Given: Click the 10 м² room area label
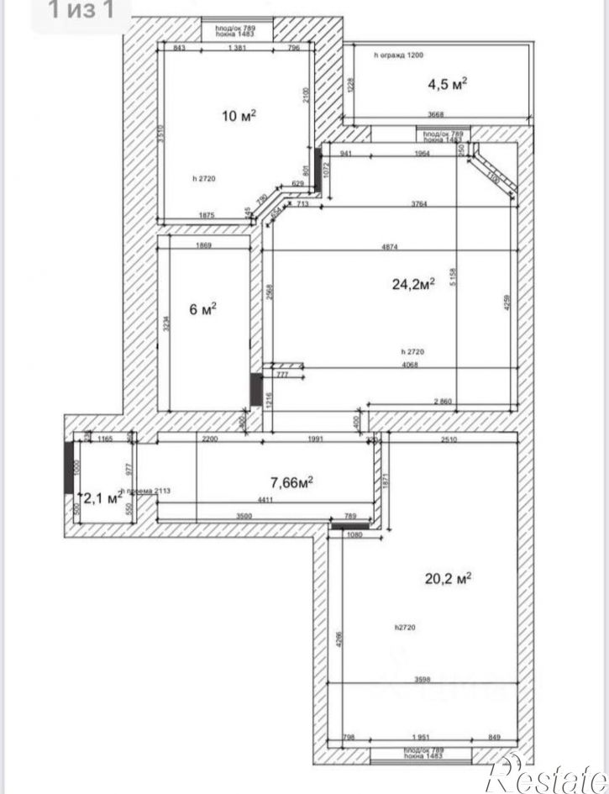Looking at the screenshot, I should [x=239, y=115].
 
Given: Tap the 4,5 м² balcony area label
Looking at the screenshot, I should [x=447, y=84].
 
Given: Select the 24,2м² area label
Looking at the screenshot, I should [x=413, y=285].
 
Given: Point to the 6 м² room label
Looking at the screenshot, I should [x=203, y=309].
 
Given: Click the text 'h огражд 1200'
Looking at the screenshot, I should [x=399, y=55].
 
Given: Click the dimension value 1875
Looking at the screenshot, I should [x=207, y=216].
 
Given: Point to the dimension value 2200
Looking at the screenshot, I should [x=210, y=438].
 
